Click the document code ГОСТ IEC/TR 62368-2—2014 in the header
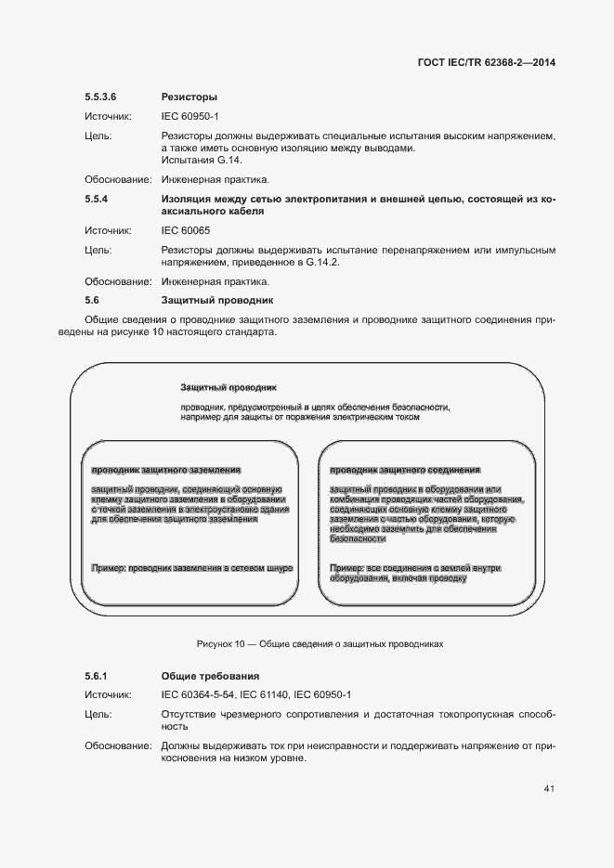point(487,63)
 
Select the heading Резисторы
point(189,96)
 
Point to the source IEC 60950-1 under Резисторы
point(189,116)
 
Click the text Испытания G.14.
point(195,160)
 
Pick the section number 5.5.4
point(97,199)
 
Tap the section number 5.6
point(91,301)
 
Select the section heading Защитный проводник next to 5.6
point(216,301)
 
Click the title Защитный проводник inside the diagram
point(229,386)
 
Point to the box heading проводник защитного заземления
point(166,471)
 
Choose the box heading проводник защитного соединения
point(405,471)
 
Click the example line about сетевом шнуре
point(192,566)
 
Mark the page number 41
point(549,789)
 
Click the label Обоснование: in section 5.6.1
point(118,745)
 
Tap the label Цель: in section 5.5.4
point(98,250)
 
